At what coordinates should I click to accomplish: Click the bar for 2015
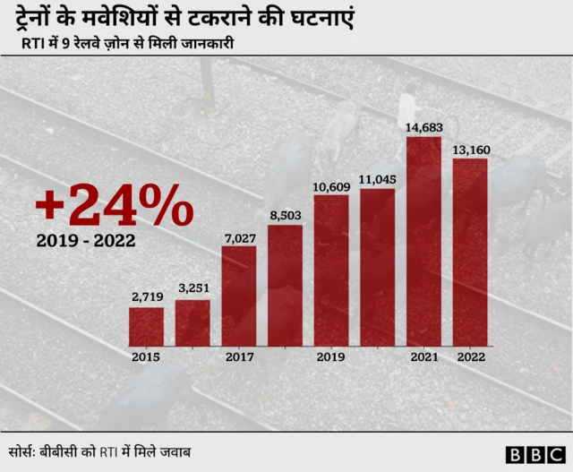146,326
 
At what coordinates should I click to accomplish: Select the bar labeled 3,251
192,322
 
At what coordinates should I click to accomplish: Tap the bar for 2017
239,296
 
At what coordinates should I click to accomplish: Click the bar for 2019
331,270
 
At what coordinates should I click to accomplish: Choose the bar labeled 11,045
377,267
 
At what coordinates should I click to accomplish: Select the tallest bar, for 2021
423,241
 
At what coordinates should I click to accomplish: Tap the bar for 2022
470,252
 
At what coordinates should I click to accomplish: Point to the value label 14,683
423,128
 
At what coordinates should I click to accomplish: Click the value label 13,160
470,150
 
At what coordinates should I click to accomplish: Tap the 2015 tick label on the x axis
146,356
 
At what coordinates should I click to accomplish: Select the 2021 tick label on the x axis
423,356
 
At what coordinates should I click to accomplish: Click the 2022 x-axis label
470,356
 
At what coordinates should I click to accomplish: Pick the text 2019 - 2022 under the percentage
88,242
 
